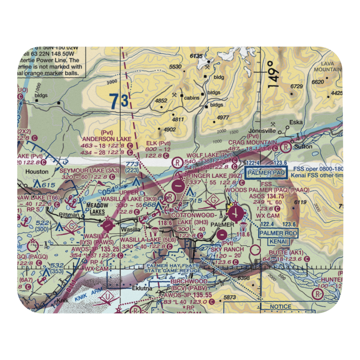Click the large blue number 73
click(119, 102)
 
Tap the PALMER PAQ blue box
click(266, 173)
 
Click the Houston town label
click(37, 172)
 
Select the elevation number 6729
click(297, 86)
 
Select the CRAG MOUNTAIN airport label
click(253, 143)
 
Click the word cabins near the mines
click(191, 98)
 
